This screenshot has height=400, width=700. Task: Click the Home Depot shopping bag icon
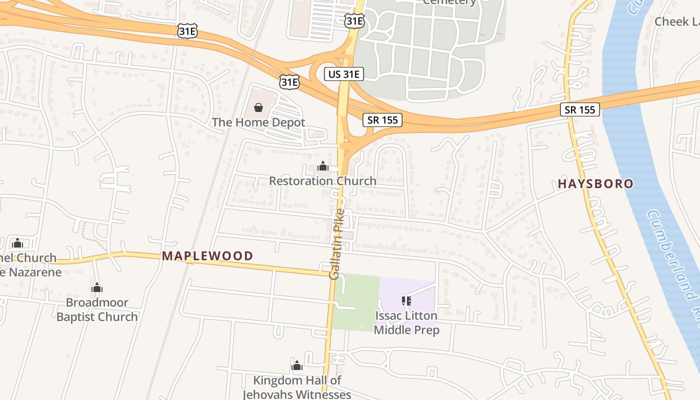pyautogui.click(x=258, y=107)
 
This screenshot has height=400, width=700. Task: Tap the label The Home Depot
pyautogui.click(x=258, y=122)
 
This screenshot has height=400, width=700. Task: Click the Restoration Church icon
pyautogui.click(x=323, y=166)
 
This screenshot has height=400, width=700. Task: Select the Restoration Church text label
pyautogui.click(x=322, y=181)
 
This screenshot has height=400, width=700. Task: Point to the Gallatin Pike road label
pyautogui.click(x=337, y=244)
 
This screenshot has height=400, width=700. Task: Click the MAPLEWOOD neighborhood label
pyautogui.click(x=207, y=256)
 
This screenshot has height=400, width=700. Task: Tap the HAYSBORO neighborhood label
pyautogui.click(x=595, y=183)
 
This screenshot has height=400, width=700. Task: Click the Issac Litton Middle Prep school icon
pyautogui.click(x=406, y=300)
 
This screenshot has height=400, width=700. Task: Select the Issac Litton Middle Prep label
pyautogui.click(x=406, y=323)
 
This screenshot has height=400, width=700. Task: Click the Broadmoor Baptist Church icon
pyautogui.click(x=97, y=287)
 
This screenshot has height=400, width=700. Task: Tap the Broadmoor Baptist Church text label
pyautogui.click(x=97, y=309)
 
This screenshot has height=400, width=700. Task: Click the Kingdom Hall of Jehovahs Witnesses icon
pyautogui.click(x=297, y=365)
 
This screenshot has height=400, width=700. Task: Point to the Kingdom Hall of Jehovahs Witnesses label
pyautogui.click(x=297, y=387)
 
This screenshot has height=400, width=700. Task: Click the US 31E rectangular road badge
pyautogui.click(x=343, y=74)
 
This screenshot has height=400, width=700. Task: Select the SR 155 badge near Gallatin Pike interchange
pyautogui.click(x=382, y=119)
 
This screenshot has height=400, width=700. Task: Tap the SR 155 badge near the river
pyautogui.click(x=579, y=109)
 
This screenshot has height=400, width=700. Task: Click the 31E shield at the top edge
pyautogui.click(x=354, y=20)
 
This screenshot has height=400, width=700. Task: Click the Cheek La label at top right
pyautogui.click(x=677, y=21)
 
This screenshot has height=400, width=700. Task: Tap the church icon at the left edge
pyautogui.click(x=17, y=243)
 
